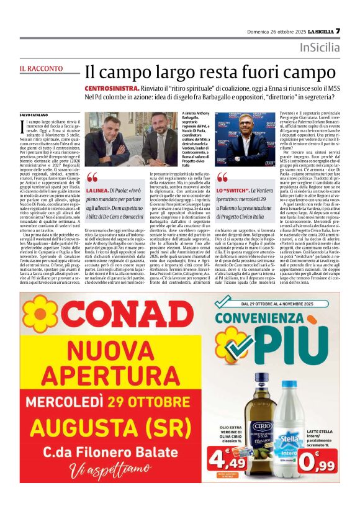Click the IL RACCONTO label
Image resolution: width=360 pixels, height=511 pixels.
pos(41,68)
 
